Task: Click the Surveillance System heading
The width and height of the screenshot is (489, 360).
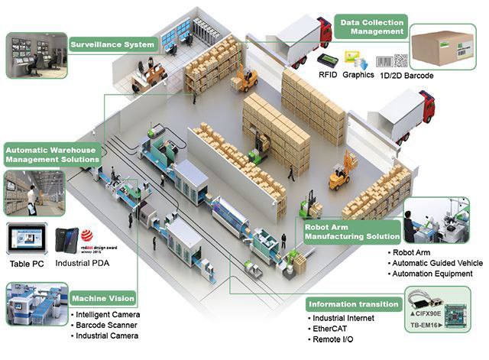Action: [113, 44]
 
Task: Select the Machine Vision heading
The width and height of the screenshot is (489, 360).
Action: [102, 298]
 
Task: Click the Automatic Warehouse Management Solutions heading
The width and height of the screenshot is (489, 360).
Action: [52, 155]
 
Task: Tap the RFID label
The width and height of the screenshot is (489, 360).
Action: [306, 76]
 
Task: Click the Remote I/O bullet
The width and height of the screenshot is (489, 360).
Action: [335, 339]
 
